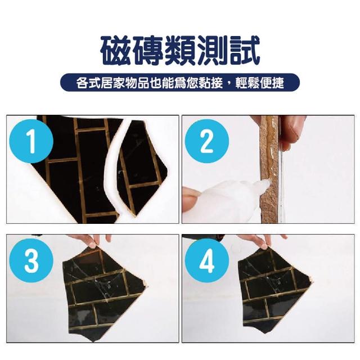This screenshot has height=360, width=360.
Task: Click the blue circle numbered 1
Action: [31, 141]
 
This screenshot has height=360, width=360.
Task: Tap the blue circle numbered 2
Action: [207, 141]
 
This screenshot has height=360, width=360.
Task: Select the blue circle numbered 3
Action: [31, 260]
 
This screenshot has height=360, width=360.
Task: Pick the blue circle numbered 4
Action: [207, 260]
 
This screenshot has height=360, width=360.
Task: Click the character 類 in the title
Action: [180, 51]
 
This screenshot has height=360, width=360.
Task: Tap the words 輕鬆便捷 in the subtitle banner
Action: [260, 83]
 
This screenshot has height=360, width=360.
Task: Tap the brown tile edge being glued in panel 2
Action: [269, 169]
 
